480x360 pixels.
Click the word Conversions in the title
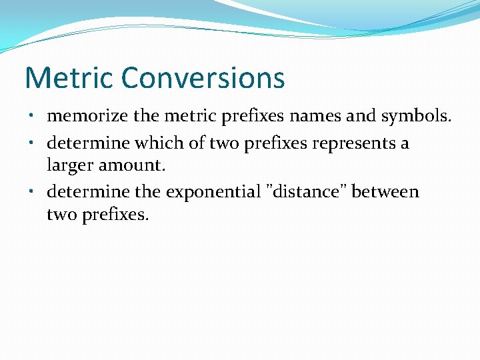[x=203, y=78]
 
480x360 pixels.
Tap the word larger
[x=71, y=164]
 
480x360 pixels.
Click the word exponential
[x=213, y=192]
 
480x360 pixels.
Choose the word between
[x=385, y=192]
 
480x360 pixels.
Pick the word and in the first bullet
[x=362, y=116]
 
